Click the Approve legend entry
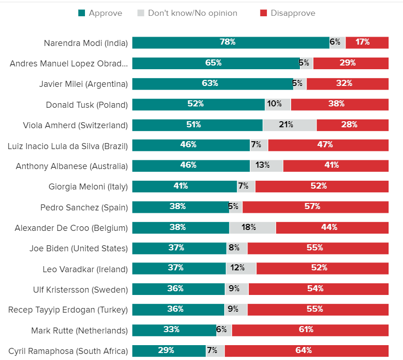pos(100,13)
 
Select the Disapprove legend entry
pos(288,13)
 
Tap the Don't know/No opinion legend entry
pos(188,13)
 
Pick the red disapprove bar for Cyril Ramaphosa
pos(306,351)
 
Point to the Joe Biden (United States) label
pos(78,249)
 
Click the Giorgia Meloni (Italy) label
pos(88,187)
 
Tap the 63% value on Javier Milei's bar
pos(210,84)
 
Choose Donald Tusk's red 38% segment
pos(340,104)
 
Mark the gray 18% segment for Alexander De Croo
pos(253,228)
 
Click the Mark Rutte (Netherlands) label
pos(79,331)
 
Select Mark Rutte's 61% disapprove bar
pos(310,330)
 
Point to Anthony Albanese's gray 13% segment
pos(266,166)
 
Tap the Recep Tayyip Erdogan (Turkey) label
pos(68,310)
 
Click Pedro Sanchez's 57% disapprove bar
pos(315,207)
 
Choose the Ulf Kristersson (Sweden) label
pos(80,289)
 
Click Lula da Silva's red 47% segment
pos(328,145)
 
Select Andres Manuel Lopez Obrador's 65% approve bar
pos(216,63)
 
